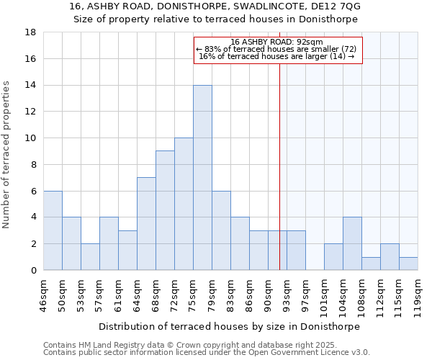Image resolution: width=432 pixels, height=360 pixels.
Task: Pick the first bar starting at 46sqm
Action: (53, 230)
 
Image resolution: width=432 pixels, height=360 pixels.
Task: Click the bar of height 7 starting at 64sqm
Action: (146, 223)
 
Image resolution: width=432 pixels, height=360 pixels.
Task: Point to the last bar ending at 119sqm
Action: (408, 264)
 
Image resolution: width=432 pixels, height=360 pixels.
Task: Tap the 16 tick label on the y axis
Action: (31, 59)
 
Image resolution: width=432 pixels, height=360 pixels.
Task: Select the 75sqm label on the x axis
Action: (194, 293)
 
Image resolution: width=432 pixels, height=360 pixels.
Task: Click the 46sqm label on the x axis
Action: (44, 293)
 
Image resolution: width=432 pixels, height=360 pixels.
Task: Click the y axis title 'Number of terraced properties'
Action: (7, 155)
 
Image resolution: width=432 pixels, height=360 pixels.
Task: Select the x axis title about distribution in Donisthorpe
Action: (228, 326)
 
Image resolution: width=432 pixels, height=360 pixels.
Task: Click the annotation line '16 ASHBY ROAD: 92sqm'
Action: (276, 42)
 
